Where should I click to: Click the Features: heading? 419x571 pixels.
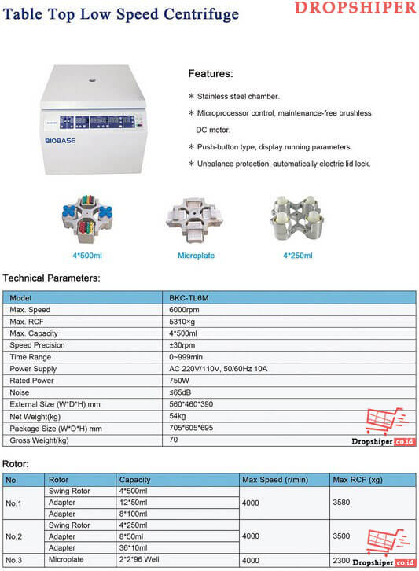point(210,74)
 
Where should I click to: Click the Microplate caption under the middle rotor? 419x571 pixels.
point(197,256)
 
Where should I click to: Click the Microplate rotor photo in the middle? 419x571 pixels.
point(197,216)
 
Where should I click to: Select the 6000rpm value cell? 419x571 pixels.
point(186,310)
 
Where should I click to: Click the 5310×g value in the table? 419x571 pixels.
point(184,322)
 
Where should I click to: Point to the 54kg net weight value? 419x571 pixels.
point(178,416)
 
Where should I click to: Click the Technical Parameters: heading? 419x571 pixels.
point(51,278)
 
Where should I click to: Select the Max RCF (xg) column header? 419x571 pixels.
point(358,479)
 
